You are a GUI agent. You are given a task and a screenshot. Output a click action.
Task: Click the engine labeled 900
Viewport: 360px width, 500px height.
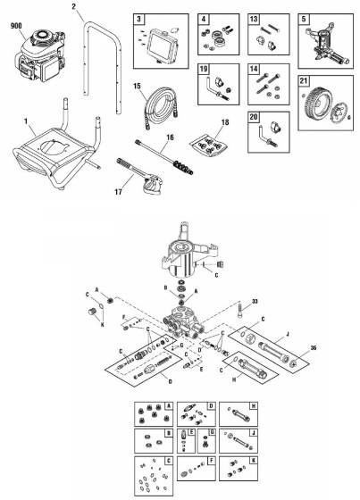40,55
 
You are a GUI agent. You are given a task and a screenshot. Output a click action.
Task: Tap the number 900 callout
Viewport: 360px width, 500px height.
16,26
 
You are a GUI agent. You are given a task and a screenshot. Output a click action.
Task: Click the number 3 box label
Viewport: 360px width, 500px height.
138,19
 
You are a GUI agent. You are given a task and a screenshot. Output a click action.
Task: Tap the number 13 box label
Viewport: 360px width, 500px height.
254,19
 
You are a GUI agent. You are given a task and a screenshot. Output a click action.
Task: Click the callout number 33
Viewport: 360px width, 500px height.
255,302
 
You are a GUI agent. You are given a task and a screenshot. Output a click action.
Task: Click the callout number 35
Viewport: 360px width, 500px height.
314,347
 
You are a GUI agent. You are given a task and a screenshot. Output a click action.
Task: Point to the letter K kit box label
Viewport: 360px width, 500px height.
254,461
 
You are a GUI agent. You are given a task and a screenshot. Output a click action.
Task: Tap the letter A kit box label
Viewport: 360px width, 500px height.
169,406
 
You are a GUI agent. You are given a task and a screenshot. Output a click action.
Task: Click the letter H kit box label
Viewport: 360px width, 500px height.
254,406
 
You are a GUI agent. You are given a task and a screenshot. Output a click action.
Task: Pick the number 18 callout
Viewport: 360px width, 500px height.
225,122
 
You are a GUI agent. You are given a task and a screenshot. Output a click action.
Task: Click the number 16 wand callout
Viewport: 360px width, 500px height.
170,137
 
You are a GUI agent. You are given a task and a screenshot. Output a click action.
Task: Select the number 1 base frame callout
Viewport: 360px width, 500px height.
26,121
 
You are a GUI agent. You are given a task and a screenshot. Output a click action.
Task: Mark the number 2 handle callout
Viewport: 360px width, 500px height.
74,6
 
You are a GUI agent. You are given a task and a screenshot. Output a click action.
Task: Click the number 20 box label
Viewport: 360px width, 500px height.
254,117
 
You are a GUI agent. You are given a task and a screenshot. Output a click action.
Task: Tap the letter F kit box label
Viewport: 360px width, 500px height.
212,461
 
